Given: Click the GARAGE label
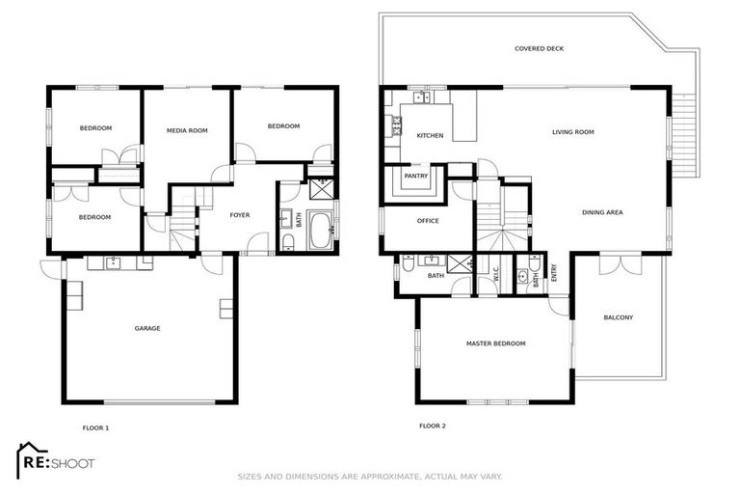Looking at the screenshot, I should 147,328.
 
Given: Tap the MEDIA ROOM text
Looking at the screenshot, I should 187,130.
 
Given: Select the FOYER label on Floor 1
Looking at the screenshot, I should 240,214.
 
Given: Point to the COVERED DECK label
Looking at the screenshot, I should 538,47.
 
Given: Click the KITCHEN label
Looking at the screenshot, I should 430,135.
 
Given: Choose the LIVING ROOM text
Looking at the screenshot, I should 572,132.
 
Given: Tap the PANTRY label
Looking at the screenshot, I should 416,177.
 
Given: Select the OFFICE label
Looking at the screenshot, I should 428,220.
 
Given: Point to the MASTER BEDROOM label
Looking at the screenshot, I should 495,343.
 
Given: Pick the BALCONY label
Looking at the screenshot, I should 618,317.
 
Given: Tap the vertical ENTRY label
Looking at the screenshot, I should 553,273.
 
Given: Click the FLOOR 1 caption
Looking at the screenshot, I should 96,425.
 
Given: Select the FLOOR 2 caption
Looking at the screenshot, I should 432,425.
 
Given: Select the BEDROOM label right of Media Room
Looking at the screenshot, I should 283,126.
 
